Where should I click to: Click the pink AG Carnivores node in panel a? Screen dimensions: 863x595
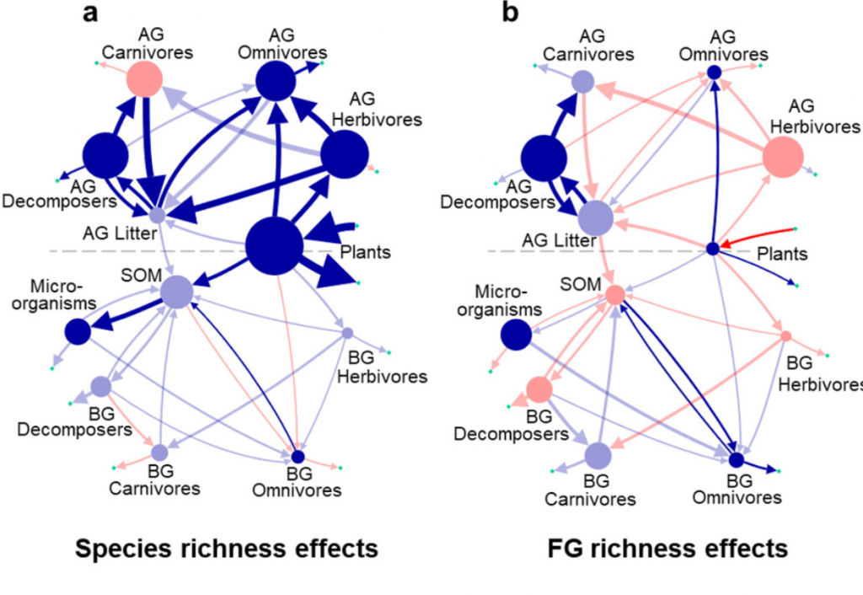145,79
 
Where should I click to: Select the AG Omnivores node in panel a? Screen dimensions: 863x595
276,81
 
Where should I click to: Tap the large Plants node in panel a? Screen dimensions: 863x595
274,245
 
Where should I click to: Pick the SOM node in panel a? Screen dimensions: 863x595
177,292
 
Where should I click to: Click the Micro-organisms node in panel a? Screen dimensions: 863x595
78,332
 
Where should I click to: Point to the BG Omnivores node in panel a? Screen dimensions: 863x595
297,456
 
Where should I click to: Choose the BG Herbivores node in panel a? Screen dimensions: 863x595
347,333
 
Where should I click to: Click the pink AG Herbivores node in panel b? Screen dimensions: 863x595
783,158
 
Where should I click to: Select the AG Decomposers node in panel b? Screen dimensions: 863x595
544,158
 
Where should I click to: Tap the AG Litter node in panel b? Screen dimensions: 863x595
596,218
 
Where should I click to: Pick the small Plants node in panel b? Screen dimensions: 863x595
713,249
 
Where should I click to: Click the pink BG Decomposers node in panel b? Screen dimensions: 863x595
539,389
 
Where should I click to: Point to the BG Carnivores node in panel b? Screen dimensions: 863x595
598,456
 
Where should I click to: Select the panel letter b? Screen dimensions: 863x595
510,12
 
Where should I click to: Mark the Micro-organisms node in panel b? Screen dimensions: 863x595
517,334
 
